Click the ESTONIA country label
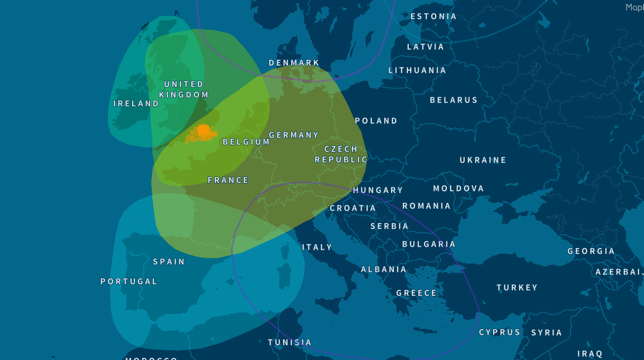point(433,16)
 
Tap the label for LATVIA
point(425,47)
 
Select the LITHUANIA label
point(417,70)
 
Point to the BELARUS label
point(453,100)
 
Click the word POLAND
point(376,121)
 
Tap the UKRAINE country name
point(482,160)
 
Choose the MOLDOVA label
point(458,188)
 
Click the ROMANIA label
point(426,206)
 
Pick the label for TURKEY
point(517,288)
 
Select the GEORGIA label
point(591,251)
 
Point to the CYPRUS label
point(499,333)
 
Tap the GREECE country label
point(417,293)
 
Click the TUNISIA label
point(289,342)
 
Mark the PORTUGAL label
point(129,282)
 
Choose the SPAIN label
point(169,262)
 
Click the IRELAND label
point(136,104)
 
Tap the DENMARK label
point(294,63)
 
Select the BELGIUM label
point(246,142)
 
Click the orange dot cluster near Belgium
point(203,132)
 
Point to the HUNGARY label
point(378,190)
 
